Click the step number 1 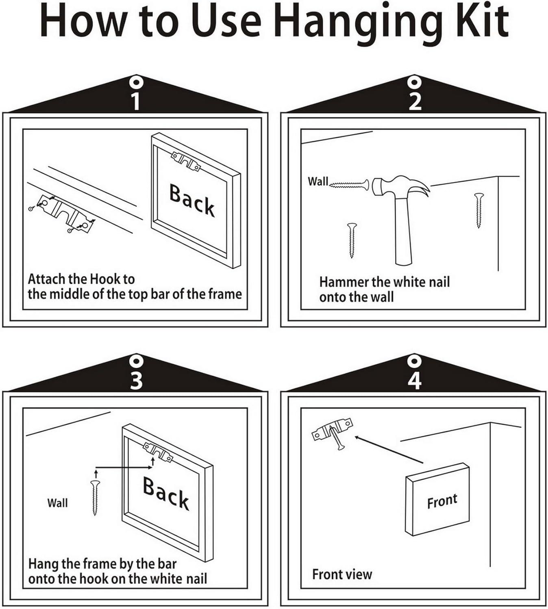click(x=136, y=101)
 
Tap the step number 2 click(x=415, y=101)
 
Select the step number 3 click(x=136, y=380)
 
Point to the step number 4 click(x=415, y=380)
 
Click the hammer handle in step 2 click(x=403, y=231)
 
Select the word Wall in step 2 click(x=317, y=181)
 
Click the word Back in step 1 click(x=192, y=200)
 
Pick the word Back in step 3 click(x=166, y=493)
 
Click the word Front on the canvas click(x=442, y=501)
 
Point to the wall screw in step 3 click(x=96, y=497)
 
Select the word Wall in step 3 click(x=57, y=503)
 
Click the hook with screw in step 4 click(x=333, y=433)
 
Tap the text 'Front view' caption click(x=342, y=574)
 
